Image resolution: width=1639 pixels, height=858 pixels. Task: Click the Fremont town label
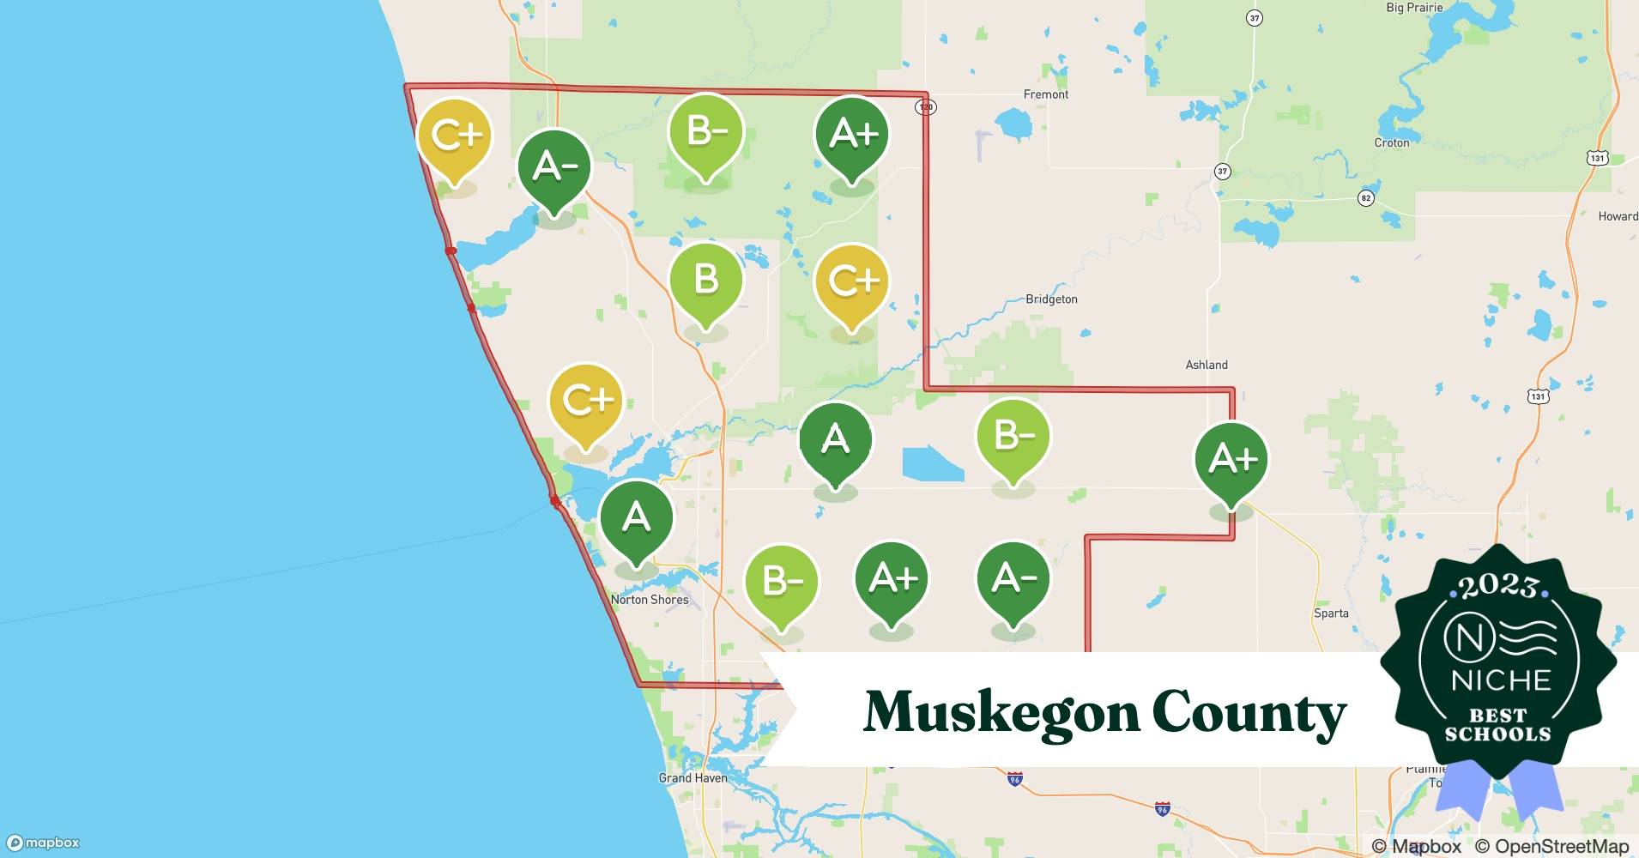[x=1045, y=94]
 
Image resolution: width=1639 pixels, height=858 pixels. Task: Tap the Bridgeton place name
[x=1051, y=299]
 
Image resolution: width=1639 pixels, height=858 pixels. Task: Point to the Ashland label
[x=1206, y=365]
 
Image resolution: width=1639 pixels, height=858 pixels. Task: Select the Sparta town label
[x=1331, y=613]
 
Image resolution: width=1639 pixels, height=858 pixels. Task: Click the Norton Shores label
[x=650, y=600]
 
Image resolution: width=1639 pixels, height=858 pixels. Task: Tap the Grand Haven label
[x=692, y=778]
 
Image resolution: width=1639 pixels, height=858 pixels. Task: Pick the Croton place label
[x=1391, y=142]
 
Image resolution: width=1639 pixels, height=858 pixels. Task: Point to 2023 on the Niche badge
[x=1497, y=586]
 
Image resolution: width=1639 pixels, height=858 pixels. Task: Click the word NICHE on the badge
[x=1500, y=680]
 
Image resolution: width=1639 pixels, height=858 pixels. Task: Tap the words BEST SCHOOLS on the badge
[x=1497, y=725]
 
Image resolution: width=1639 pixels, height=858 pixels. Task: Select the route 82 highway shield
[x=1365, y=198]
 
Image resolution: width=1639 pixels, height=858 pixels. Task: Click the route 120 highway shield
[x=925, y=107]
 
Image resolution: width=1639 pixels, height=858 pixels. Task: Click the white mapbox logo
[x=44, y=843]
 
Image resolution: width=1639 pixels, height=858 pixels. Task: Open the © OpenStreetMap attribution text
[x=1551, y=846]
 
